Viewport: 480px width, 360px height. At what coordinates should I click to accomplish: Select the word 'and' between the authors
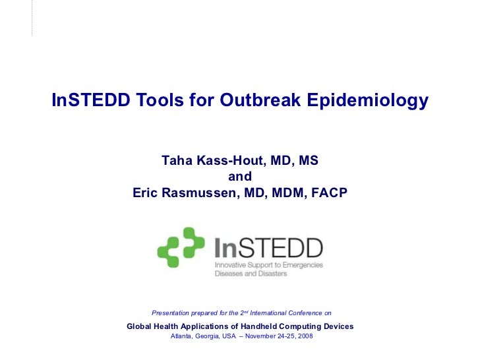point(240,177)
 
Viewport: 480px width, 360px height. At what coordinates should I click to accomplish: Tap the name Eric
point(146,193)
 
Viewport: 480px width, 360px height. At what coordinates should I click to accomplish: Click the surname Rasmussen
point(199,193)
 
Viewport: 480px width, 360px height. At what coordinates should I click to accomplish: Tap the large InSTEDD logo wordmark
point(269,247)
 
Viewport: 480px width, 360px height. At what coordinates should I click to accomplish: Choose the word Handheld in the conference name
point(263,326)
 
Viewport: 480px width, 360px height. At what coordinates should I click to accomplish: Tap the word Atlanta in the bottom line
point(181,336)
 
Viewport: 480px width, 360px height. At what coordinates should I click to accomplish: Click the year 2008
point(305,336)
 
